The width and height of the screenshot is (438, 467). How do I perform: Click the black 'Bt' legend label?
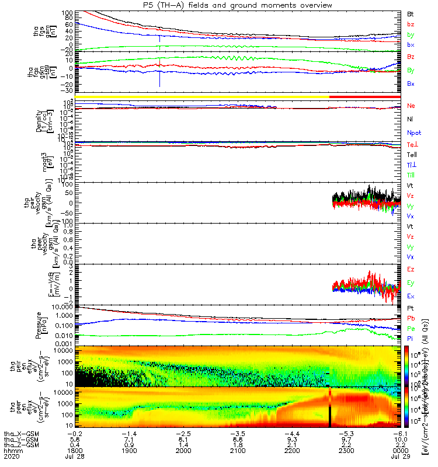tap(411, 13)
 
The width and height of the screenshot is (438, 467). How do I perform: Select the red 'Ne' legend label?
tap(411, 106)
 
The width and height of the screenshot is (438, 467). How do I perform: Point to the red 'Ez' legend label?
tap(411, 270)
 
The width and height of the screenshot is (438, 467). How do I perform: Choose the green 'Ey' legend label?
tap(411, 283)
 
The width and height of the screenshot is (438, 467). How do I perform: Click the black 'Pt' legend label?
tap(411, 308)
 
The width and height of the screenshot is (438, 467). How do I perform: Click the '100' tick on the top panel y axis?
tap(69, 13)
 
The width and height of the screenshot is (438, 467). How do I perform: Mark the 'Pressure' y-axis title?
tap(38, 325)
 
